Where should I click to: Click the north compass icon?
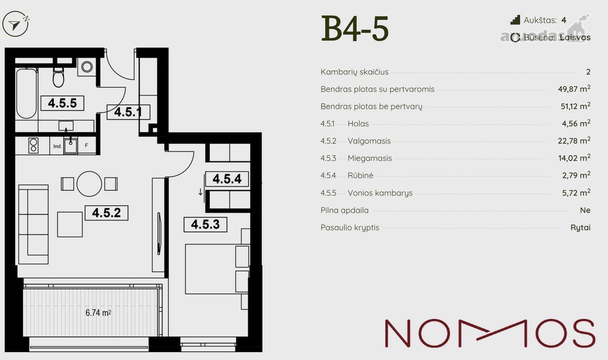click(x=16, y=24)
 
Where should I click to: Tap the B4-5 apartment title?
click(x=355, y=28)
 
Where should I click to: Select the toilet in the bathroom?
click(x=58, y=77)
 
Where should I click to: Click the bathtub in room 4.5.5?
click(x=26, y=93)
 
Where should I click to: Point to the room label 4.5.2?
click(x=106, y=213)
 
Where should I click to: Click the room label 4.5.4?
click(x=227, y=179)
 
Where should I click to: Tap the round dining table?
click(x=89, y=184)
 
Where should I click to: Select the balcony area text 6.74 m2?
click(x=98, y=313)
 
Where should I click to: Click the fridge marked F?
click(x=86, y=146)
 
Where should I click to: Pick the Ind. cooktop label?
click(x=57, y=146)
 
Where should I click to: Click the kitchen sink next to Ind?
click(x=70, y=146)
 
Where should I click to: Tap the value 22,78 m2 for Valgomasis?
click(x=574, y=140)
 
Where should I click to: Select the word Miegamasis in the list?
click(x=370, y=158)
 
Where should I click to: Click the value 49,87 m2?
click(x=574, y=89)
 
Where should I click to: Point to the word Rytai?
click(x=580, y=228)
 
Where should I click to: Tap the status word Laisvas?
click(x=575, y=38)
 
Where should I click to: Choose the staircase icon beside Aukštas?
click(x=515, y=20)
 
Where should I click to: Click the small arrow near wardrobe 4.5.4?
click(x=200, y=192)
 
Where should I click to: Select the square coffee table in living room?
click(x=70, y=225)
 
